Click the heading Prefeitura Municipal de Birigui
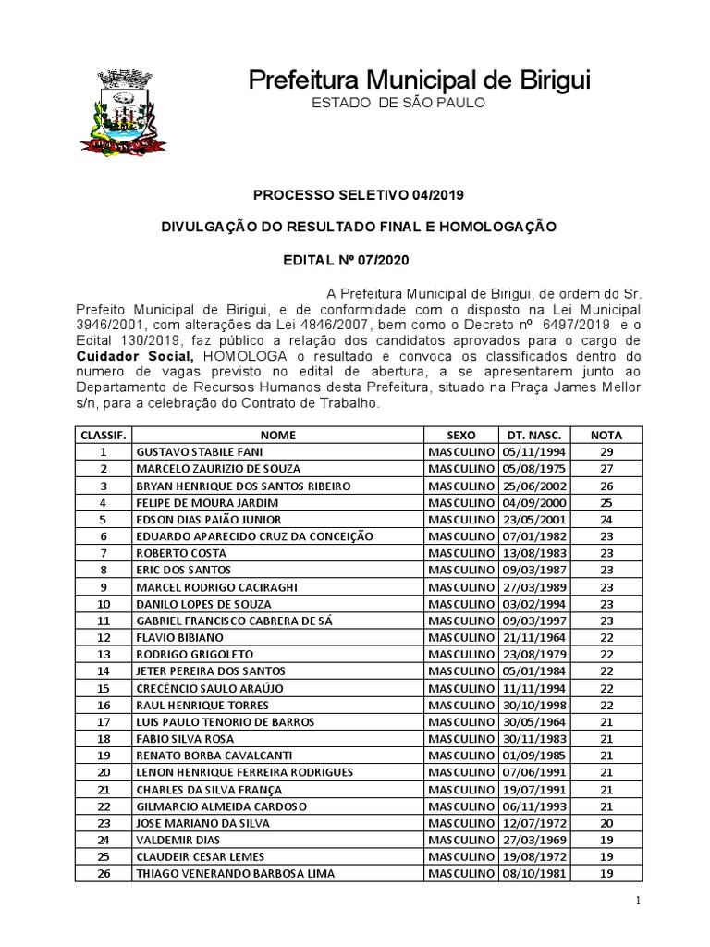click(x=419, y=80)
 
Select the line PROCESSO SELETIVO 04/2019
click(x=359, y=195)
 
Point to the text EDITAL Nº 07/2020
click(x=359, y=262)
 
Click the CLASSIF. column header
click(x=104, y=435)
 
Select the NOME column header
click(x=277, y=435)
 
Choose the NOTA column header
click(x=606, y=435)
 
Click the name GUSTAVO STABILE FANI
click(x=199, y=451)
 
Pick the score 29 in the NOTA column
click(x=606, y=451)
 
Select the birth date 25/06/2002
click(x=534, y=486)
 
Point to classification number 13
click(x=104, y=655)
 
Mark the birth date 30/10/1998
click(x=534, y=706)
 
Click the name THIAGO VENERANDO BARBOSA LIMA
click(x=235, y=874)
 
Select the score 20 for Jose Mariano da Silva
click(x=606, y=823)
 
